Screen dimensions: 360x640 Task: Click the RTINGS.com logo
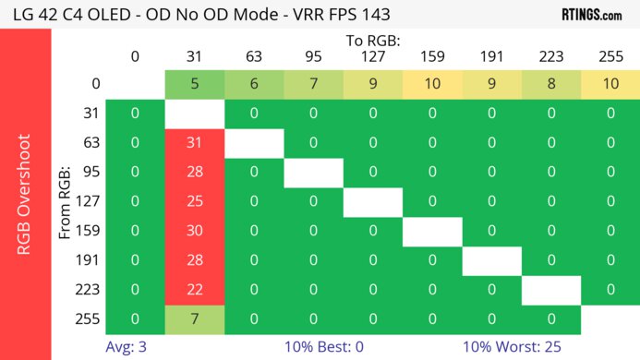coord(591,14)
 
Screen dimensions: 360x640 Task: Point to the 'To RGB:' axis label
coord(372,41)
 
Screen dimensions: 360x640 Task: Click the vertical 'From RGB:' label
coord(66,202)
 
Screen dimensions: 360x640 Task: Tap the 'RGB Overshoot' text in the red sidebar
coord(25,194)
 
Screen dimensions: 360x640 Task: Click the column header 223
coord(551,57)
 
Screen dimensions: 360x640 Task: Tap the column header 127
coord(372,57)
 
